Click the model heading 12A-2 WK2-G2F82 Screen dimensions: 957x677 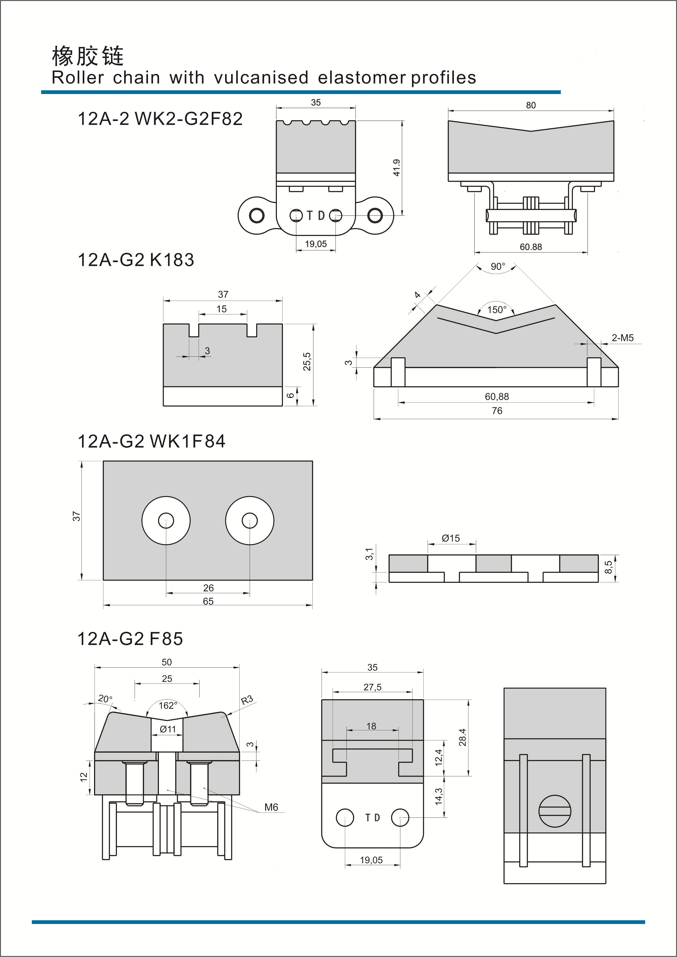(x=160, y=119)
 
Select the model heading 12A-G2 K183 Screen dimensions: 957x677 (x=136, y=260)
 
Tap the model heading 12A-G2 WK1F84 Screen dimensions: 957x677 (x=151, y=441)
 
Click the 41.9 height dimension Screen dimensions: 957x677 (x=397, y=168)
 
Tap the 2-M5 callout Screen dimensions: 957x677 (x=622, y=338)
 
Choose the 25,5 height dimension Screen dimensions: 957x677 (x=307, y=361)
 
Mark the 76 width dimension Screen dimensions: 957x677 (x=497, y=411)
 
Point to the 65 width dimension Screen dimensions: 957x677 (x=208, y=601)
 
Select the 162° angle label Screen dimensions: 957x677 (x=168, y=705)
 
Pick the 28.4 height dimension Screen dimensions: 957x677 (x=462, y=737)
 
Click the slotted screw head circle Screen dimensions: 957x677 (x=555, y=811)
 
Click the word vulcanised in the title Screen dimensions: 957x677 (x=261, y=78)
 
